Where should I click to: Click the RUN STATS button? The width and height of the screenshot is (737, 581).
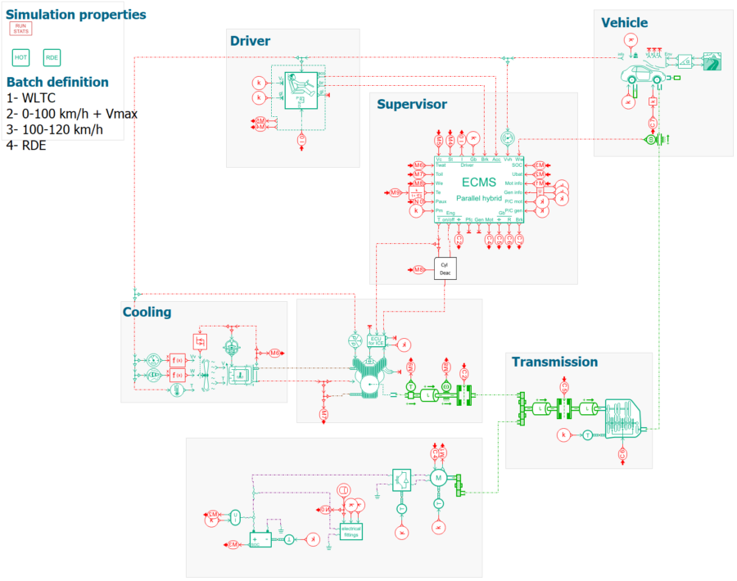tap(20, 29)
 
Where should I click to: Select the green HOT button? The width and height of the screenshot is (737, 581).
tap(20, 57)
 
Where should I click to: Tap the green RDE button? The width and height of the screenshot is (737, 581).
tap(52, 57)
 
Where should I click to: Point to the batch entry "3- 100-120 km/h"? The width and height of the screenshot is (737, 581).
tap(54, 129)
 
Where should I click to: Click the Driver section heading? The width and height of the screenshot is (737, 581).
tap(250, 41)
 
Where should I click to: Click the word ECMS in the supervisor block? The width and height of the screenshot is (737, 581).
tap(479, 182)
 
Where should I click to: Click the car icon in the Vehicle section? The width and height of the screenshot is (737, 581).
tap(641, 77)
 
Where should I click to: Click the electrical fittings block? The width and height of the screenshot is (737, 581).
tap(350, 529)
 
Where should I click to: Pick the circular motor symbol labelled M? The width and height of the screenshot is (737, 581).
tap(438, 477)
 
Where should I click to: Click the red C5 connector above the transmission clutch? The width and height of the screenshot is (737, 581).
tap(563, 385)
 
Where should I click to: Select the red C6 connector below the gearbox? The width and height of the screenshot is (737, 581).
tap(622, 453)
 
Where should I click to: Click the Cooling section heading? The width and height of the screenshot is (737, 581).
tap(147, 312)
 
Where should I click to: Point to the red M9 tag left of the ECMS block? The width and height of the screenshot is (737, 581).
tap(396, 192)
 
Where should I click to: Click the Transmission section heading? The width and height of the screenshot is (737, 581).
tap(554, 362)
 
